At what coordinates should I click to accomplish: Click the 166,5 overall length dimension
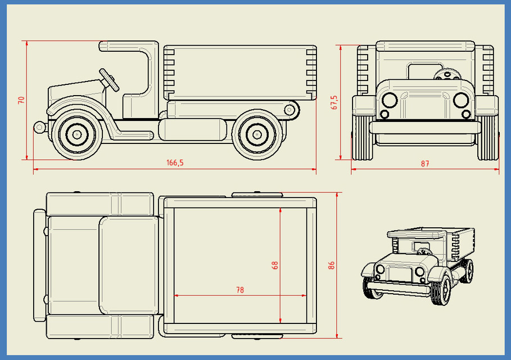point(175,163)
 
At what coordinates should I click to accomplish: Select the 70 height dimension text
point(21,100)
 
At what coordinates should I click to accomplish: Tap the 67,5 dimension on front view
point(334,102)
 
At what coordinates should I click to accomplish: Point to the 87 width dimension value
point(424,164)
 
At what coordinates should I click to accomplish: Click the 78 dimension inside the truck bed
point(240,290)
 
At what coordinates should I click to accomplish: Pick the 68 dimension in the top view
point(275,264)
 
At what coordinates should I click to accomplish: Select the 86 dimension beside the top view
point(331,264)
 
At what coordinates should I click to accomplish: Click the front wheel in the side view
point(75,134)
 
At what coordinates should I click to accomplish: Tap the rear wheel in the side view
point(257,134)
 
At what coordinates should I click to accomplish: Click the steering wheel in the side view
point(109,79)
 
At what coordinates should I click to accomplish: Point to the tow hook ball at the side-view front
point(39,127)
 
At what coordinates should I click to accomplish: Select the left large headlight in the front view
point(388,100)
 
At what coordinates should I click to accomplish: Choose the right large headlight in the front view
point(461,100)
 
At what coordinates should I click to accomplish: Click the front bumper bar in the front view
point(425,128)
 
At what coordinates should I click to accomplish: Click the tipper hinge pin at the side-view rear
point(290,109)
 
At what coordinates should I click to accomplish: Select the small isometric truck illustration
point(417,264)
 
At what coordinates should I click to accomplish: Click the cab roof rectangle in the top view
point(128,265)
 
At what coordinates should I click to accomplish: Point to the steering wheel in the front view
point(448,75)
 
